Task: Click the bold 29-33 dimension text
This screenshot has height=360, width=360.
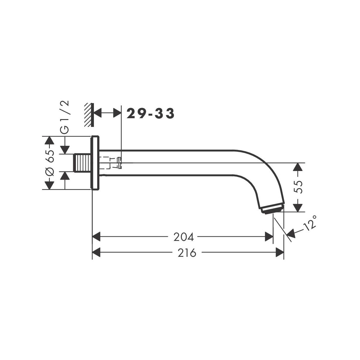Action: (x=150, y=114)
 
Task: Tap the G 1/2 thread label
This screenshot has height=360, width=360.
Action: (x=65, y=117)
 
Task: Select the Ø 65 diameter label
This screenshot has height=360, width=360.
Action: (x=50, y=163)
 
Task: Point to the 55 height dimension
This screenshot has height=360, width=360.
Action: (x=298, y=187)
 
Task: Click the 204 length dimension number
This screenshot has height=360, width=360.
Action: (x=184, y=237)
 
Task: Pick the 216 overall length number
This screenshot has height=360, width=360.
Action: (x=187, y=253)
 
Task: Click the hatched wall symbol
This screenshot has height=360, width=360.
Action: (x=89, y=115)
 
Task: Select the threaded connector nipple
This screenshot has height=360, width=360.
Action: (x=82, y=163)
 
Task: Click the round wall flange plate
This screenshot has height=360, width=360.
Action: (x=95, y=163)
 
